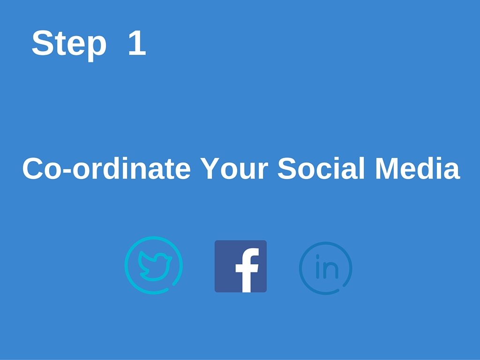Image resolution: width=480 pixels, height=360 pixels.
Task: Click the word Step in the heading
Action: pyautogui.click(x=69, y=45)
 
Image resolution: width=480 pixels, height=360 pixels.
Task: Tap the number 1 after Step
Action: pyautogui.click(x=137, y=43)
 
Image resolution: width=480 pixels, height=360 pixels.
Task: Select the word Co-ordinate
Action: pyautogui.click(x=106, y=168)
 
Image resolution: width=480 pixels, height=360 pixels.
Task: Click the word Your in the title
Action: pyautogui.click(x=234, y=168)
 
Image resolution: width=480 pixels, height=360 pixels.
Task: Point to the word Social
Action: pyautogui.click(x=321, y=168)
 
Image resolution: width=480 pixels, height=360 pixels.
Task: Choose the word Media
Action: pyautogui.click(x=418, y=168)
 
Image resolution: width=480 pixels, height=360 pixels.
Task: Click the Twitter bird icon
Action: pyautogui.click(x=154, y=265)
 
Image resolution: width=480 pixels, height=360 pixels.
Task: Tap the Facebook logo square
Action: pyautogui.click(x=240, y=266)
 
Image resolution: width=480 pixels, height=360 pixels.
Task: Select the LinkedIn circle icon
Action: pyautogui.click(x=325, y=268)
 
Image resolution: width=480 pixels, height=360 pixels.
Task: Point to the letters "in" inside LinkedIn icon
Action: pyautogui.click(x=327, y=267)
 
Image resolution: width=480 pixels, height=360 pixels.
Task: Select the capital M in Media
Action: pyautogui.click(x=386, y=168)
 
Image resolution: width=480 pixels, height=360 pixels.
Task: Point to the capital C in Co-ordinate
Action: pyautogui.click(x=33, y=168)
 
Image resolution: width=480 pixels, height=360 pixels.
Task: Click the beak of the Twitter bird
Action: pyautogui.click(x=169, y=259)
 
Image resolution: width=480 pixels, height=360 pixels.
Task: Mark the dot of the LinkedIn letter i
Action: pyautogui.click(x=318, y=256)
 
